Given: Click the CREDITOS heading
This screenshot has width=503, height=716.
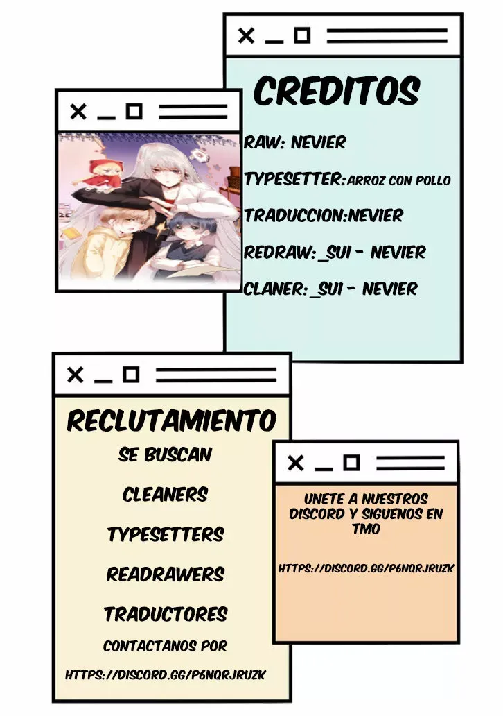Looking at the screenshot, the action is pyautogui.click(x=336, y=90).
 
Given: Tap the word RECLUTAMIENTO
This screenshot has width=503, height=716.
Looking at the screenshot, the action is pyautogui.click(x=171, y=420).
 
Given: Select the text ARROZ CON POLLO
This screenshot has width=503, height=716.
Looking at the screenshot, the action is pyautogui.click(x=399, y=180).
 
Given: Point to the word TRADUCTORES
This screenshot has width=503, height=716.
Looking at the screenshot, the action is pyautogui.click(x=166, y=614).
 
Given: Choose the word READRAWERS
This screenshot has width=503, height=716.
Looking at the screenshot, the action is pyautogui.click(x=166, y=574).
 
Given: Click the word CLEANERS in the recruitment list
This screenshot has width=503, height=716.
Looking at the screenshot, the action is pyautogui.click(x=165, y=495).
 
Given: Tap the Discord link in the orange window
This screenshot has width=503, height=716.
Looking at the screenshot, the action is pyautogui.click(x=367, y=568).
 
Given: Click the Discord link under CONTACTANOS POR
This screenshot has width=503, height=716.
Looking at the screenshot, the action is pyautogui.click(x=165, y=675).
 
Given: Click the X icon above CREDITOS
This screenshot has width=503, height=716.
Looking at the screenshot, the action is pyautogui.click(x=246, y=35).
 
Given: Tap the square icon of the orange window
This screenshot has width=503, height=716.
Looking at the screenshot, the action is pyautogui.click(x=351, y=463).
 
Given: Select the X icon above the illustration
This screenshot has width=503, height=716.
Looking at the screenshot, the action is pyautogui.click(x=78, y=112).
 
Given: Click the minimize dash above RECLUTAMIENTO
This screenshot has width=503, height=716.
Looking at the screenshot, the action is pyautogui.click(x=103, y=381).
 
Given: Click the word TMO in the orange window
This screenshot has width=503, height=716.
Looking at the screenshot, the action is pyautogui.click(x=366, y=529).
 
